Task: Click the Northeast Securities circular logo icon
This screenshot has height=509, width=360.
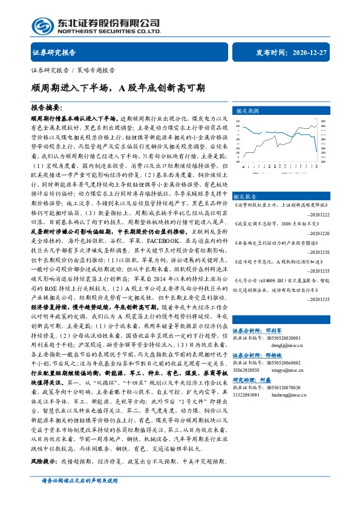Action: pyautogui.click(x=42, y=25)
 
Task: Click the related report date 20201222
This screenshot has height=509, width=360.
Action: pyautogui.click(x=318, y=215)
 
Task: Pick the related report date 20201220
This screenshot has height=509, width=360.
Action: pyautogui.click(x=318, y=232)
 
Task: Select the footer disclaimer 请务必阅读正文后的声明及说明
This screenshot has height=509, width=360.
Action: pyautogui.click(x=79, y=498)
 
